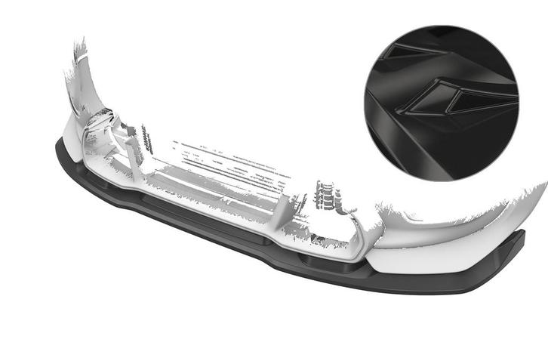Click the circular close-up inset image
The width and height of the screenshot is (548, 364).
pyautogui.click(x=442, y=102)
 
